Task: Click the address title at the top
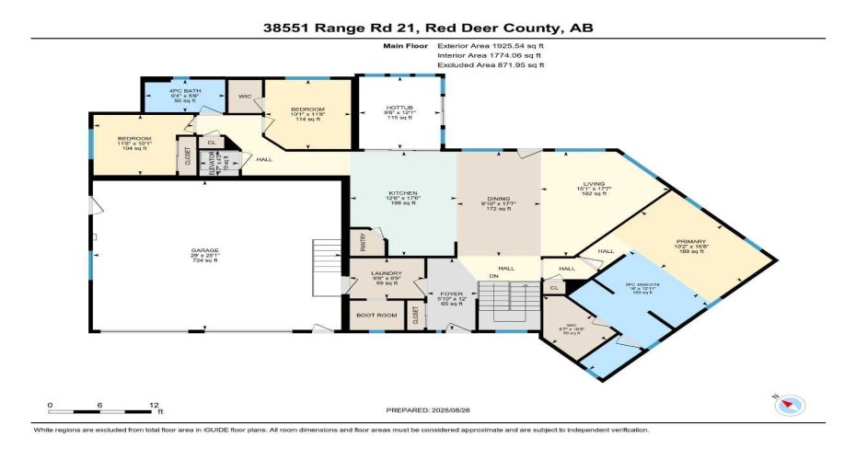[x=428, y=29]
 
